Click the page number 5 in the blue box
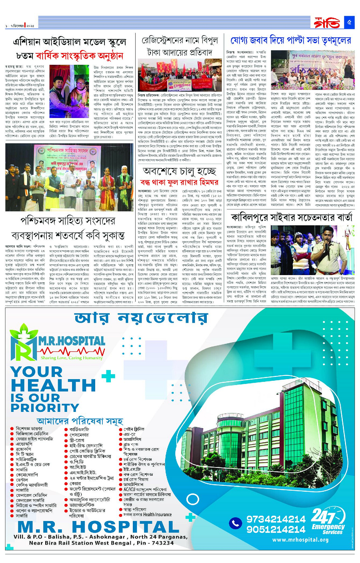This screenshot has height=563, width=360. click(x=349, y=22)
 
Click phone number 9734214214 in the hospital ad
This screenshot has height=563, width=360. click(x=276, y=519)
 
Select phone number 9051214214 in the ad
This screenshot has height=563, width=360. click(x=276, y=529)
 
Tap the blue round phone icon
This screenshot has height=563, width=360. click(x=236, y=523)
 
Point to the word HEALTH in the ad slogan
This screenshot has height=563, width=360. click(x=53, y=385)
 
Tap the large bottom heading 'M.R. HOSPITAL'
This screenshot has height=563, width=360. click(x=98, y=526)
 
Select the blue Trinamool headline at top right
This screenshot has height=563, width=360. click(x=291, y=41)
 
